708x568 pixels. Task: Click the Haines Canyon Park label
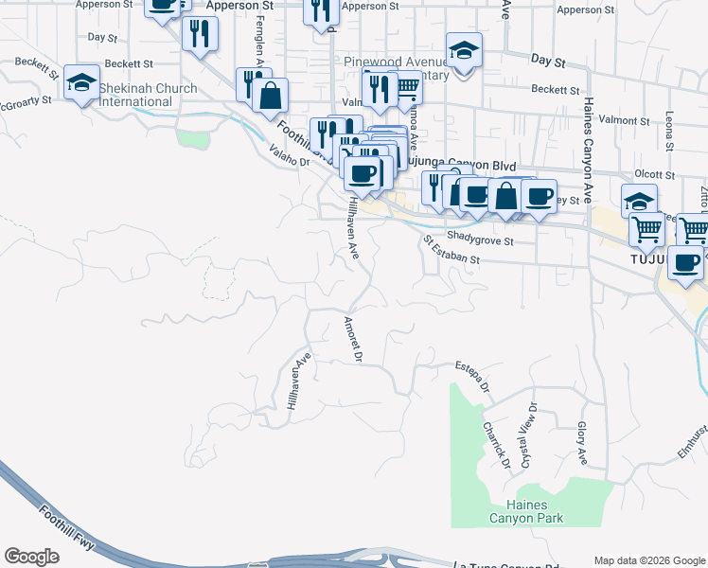pyautogui.click(x=526, y=511)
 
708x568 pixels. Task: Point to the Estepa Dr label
pyautogui.click(x=473, y=375)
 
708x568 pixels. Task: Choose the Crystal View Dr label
pyautogui.click(x=526, y=430)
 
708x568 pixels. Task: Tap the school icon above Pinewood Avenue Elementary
pyautogui.click(x=464, y=50)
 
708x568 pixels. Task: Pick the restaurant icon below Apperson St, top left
pyautogui.click(x=200, y=34)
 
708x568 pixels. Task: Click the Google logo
pyautogui.click(x=31, y=557)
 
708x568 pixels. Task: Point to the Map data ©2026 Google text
pyautogui.click(x=648, y=560)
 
